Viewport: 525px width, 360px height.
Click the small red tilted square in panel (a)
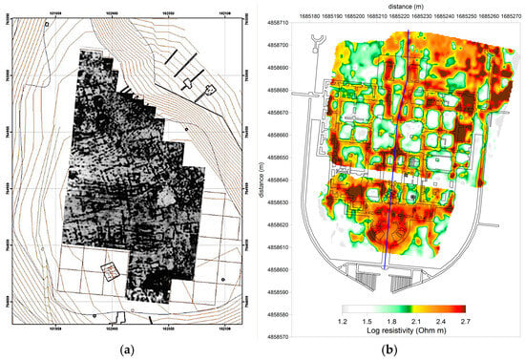113,271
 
